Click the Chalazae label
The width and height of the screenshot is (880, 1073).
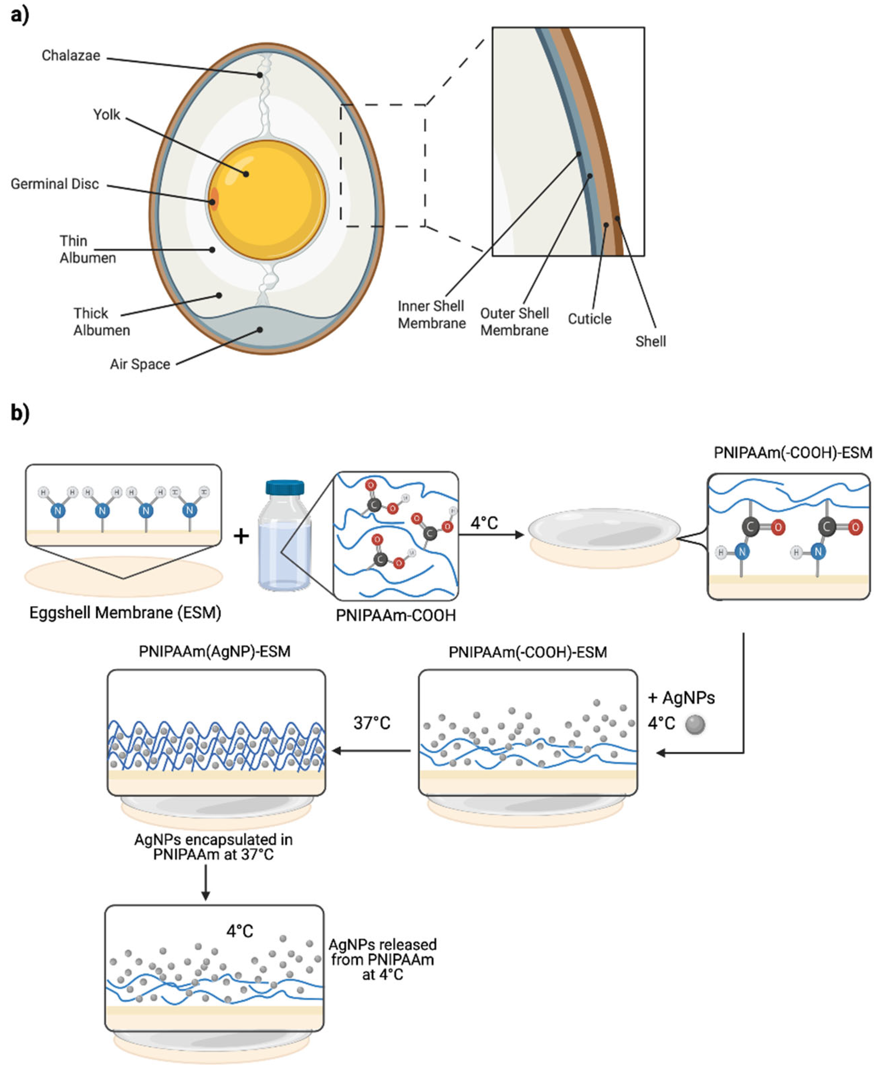click(71, 55)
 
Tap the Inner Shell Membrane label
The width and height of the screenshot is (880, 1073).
click(431, 314)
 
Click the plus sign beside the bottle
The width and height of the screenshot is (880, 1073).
click(241, 535)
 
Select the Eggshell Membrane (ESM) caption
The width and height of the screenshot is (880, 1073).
click(125, 612)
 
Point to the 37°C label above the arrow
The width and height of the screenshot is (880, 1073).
click(372, 723)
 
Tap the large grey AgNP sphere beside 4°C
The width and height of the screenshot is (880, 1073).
click(695, 724)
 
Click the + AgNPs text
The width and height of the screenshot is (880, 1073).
click(681, 698)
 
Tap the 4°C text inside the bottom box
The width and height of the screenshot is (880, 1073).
click(239, 931)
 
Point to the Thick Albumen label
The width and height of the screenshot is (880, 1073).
click(101, 321)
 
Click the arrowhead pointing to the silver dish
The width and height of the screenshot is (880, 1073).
click(520, 534)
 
